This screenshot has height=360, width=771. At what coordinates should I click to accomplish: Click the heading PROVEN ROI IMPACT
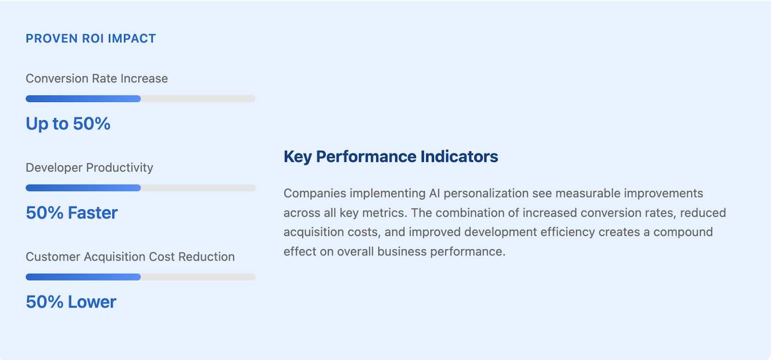(91, 39)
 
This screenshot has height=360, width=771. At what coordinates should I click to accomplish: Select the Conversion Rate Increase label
(97, 79)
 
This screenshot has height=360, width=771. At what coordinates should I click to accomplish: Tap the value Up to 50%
(68, 124)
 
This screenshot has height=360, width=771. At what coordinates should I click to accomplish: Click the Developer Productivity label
(90, 168)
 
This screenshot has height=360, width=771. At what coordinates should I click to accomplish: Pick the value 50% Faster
(72, 213)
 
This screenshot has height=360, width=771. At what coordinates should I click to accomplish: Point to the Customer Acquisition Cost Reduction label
(130, 257)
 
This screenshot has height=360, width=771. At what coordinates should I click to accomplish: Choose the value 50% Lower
(71, 302)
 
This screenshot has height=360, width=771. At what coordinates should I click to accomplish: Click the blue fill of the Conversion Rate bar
(83, 99)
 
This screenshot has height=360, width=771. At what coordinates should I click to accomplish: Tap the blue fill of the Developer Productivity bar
(83, 188)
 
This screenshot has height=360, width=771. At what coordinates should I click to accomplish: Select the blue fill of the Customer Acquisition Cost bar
(83, 277)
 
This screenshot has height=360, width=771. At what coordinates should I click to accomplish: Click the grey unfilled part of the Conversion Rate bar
(198, 99)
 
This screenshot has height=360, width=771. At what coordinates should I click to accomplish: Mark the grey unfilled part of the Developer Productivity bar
(198, 188)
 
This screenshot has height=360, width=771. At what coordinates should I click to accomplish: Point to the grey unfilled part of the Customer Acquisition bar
(198, 277)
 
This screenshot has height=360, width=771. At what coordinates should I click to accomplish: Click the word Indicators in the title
(459, 157)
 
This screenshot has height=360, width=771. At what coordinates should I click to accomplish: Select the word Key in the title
(298, 157)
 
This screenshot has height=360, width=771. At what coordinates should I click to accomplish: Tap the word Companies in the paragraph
(315, 194)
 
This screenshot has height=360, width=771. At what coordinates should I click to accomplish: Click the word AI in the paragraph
(434, 193)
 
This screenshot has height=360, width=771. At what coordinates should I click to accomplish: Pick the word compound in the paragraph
(683, 232)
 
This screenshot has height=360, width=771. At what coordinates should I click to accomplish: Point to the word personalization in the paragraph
(486, 194)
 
